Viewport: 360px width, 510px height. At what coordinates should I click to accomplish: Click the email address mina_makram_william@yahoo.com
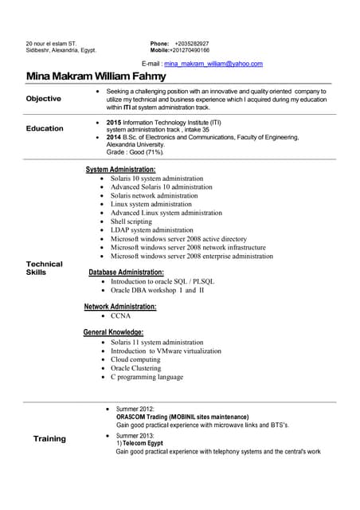coord(213,63)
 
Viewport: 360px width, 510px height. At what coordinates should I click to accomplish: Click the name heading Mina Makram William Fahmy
coord(96,76)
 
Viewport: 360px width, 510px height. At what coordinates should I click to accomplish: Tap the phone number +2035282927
coord(192,43)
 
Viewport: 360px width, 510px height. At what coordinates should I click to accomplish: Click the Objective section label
coord(43,99)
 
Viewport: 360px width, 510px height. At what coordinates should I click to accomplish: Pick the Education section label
coord(45,128)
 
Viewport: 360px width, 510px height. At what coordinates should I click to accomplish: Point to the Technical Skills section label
coord(44,269)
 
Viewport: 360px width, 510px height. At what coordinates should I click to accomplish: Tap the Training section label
coord(49,439)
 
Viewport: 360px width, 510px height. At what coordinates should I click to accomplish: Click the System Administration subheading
coord(120,170)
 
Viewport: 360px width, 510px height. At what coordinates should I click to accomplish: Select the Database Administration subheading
coord(126,273)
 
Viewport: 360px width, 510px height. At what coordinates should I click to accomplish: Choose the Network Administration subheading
coord(120,307)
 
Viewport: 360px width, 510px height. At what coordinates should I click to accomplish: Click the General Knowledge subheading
coord(113,332)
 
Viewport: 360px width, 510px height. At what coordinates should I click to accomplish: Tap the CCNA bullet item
coord(120,316)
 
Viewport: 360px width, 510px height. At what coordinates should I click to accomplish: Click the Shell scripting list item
coord(131,222)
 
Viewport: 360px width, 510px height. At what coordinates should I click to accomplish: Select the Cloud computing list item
coord(135,359)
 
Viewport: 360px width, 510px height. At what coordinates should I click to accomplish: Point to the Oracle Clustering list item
coord(136,368)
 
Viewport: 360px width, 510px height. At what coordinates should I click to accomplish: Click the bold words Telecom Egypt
coord(143,443)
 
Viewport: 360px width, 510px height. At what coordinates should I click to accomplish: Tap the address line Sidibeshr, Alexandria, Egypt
coord(61,50)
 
